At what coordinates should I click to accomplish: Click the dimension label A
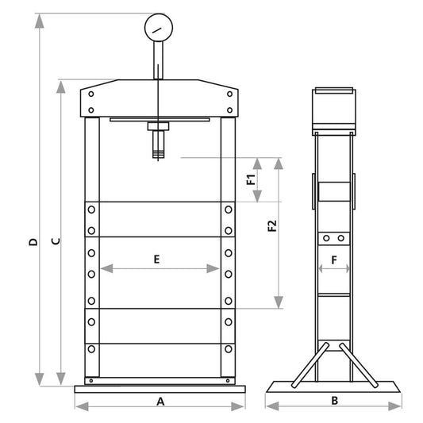pyautogui.click(x=160, y=402)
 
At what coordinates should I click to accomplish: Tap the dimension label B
pyautogui.click(x=335, y=401)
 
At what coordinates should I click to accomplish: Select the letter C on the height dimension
pyautogui.click(x=56, y=241)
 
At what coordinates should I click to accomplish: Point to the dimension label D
pyautogui.click(x=33, y=242)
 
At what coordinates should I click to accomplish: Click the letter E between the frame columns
pyautogui.click(x=156, y=260)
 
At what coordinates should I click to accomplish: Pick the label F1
pyautogui.click(x=251, y=179)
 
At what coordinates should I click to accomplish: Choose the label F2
pyautogui.click(x=272, y=226)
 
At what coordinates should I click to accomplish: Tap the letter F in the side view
pyautogui.click(x=334, y=260)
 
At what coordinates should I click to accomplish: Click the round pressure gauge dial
pyautogui.click(x=159, y=28)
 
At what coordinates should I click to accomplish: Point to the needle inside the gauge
pyautogui.click(x=156, y=30)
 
